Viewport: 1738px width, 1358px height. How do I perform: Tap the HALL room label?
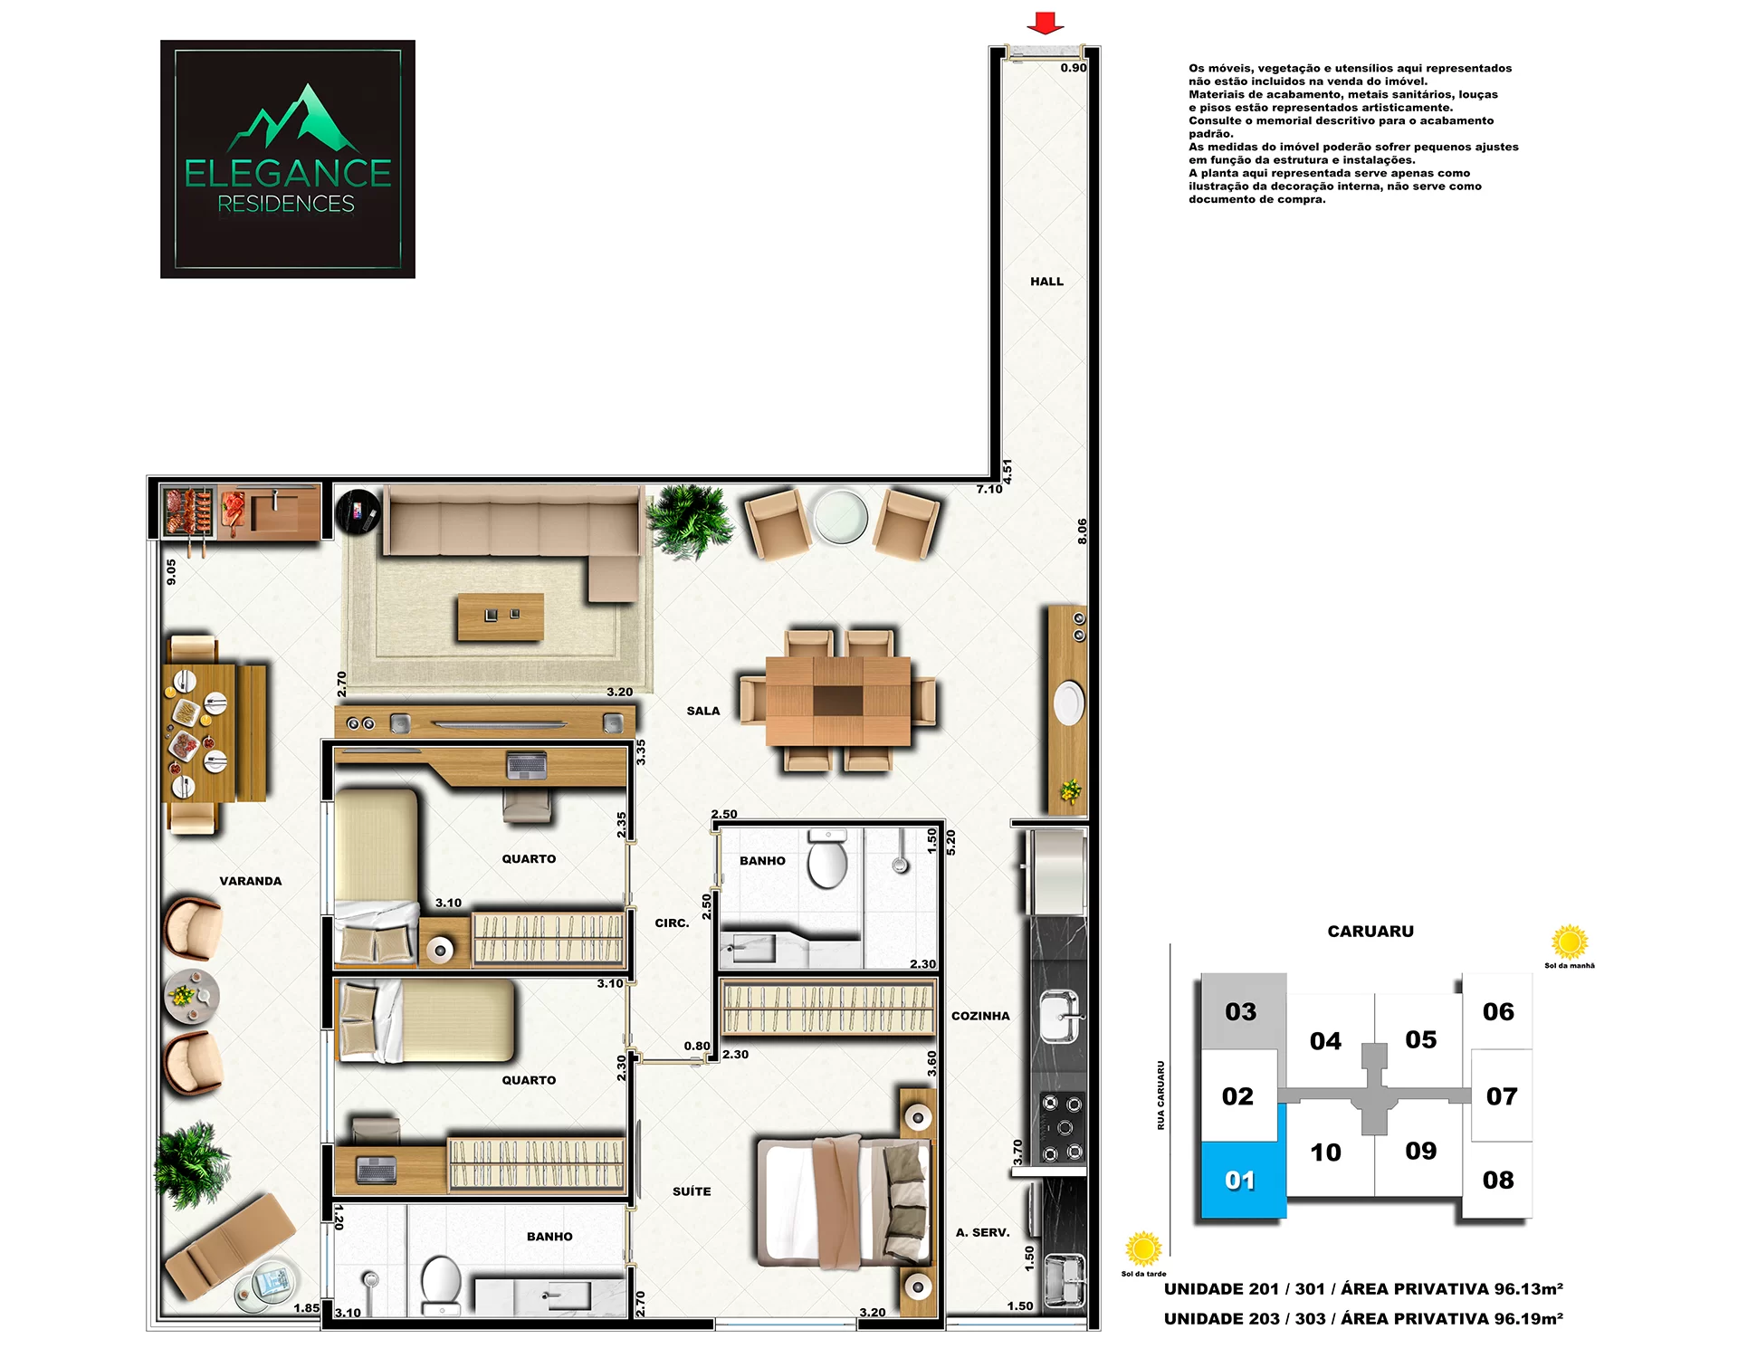tap(1046, 282)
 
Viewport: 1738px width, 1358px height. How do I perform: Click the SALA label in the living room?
tap(703, 711)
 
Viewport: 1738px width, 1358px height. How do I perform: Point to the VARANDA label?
tap(251, 881)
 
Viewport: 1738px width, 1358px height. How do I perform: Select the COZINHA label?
tap(980, 1016)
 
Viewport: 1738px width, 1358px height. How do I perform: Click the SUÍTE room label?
tap(692, 1191)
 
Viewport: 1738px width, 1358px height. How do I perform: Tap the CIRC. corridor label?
tap(672, 923)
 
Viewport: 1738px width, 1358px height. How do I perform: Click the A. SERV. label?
tap(982, 1232)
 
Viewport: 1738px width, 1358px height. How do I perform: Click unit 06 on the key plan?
tap(1498, 1011)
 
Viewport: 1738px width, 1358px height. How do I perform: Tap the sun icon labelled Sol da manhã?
tap(1570, 942)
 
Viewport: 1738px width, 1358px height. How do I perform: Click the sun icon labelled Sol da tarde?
tap(1143, 1249)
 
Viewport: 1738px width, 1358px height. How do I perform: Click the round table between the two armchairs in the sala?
tap(841, 517)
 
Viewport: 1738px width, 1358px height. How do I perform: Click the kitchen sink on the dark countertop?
tap(1059, 1016)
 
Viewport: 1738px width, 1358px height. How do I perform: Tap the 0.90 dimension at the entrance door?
tap(1074, 68)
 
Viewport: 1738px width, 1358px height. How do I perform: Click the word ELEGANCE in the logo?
tap(288, 173)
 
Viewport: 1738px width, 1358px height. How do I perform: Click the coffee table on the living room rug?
tap(501, 617)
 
